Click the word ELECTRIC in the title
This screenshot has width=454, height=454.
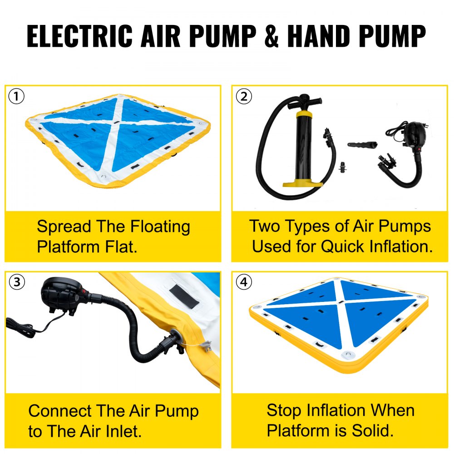pyautogui.click(x=79, y=36)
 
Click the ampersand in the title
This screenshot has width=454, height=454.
pyautogui.click(x=271, y=36)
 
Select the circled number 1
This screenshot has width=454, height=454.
pyautogui.click(x=16, y=96)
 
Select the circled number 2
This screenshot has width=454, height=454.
pyautogui.click(x=244, y=96)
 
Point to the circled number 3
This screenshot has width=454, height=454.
pyautogui.click(x=17, y=281)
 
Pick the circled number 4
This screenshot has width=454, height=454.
pyautogui.click(x=244, y=281)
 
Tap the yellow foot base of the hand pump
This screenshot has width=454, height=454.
pyautogui.click(x=302, y=183)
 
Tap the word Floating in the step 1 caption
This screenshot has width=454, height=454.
pyautogui.click(x=160, y=227)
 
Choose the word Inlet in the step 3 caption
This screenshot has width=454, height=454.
pyautogui.click(x=123, y=431)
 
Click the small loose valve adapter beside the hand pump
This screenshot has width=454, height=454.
pyautogui.click(x=343, y=167)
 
